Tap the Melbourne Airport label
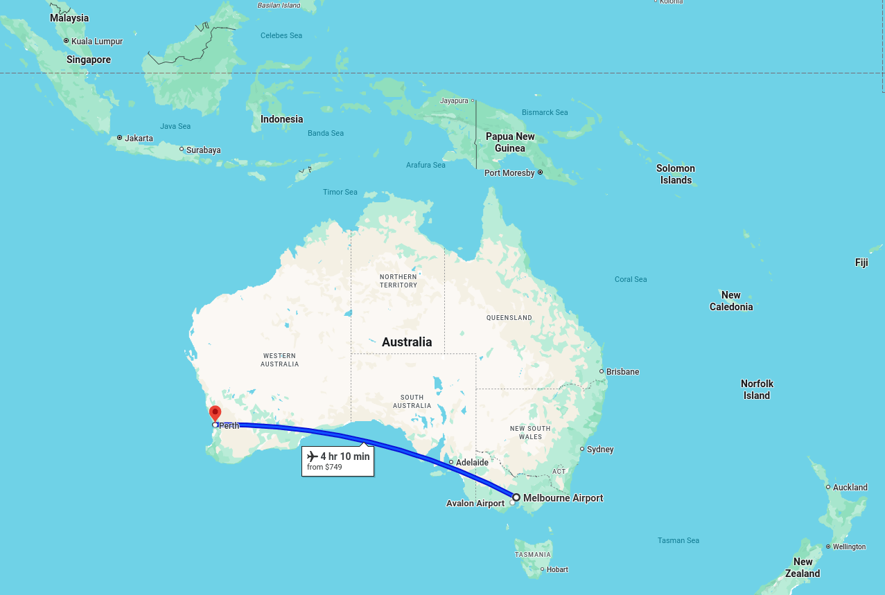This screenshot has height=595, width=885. (563, 498)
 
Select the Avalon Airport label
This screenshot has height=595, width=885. (475, 504)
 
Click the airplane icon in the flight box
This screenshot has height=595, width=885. (313, 456)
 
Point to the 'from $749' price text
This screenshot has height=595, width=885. (324, 468)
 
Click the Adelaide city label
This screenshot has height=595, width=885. (473, 462)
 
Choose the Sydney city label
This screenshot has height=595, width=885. (600, 450)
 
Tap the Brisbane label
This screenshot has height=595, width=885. (622, 372)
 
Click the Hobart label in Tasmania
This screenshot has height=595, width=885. (557, 570)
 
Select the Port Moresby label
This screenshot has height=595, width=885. (509, 173)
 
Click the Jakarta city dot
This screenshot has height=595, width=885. (119, 138)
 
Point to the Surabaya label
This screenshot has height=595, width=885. (204, 150)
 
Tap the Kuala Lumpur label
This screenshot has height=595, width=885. (97, 42)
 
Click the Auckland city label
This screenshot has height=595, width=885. (850, 488)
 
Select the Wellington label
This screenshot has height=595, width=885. (849, 547)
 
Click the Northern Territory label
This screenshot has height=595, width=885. (398, 281)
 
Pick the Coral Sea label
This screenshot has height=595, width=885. (631, 279)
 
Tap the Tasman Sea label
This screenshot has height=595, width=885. (678, 540)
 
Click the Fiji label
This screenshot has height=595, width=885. (861, 263)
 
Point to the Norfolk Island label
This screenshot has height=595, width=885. (757, 389)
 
